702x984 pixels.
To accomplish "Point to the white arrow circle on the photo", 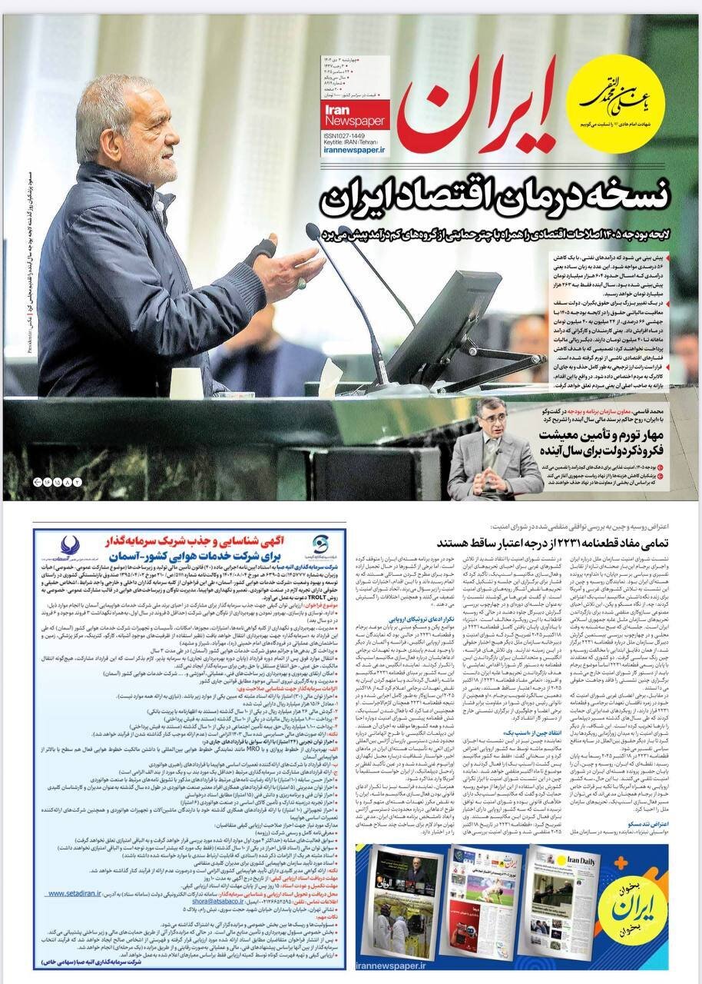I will [39, 481].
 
